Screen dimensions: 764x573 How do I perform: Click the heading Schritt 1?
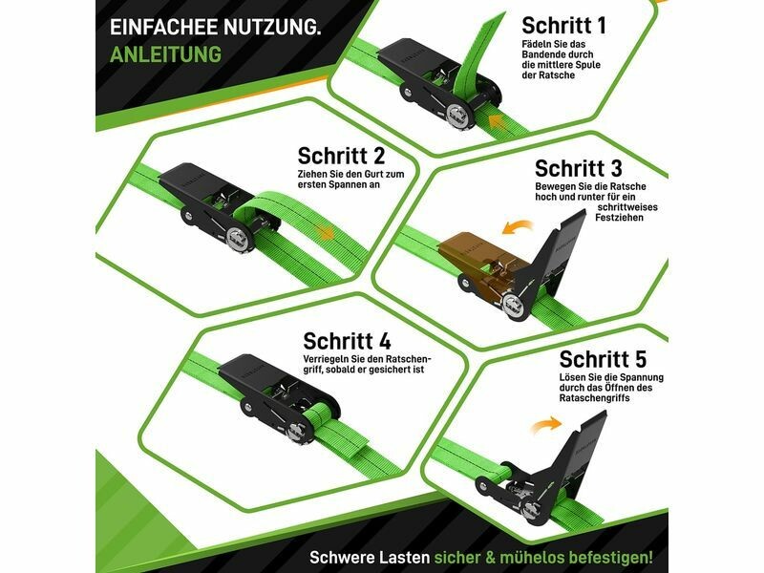pos(563,26)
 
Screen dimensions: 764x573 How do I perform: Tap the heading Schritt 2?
pos(341,156)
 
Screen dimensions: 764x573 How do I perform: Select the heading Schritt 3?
pos(579,169)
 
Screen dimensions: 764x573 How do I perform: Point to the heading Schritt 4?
pos(347,341)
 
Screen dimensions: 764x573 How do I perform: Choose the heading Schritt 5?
pos(603,360)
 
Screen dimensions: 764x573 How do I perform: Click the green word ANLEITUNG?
pos(165,54)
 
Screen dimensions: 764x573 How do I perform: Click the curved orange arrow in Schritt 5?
pos(546,424)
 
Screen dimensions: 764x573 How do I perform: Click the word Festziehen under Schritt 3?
pos(619,218)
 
